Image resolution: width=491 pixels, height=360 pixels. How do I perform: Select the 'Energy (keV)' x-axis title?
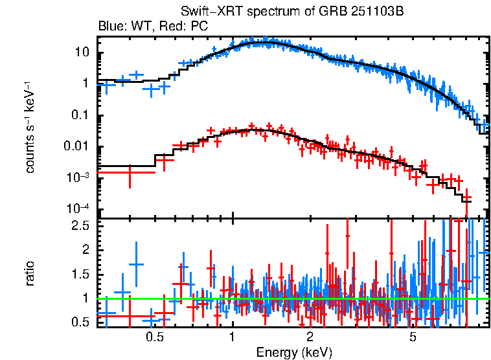tap(294, 352)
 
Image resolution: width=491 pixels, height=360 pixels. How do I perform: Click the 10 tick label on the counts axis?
tap(80, 52)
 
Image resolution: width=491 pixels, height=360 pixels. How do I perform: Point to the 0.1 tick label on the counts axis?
tap(78, 115)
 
